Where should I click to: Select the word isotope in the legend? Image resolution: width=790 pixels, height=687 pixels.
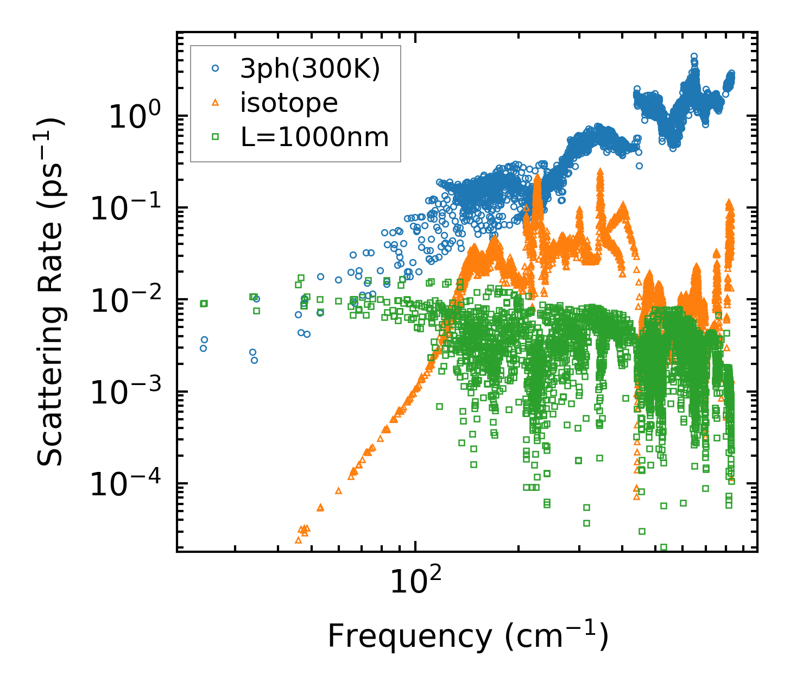coord(289,103)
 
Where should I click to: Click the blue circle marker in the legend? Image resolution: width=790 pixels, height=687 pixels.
coord(216,68)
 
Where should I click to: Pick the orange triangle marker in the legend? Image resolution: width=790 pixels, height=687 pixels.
coord(216,102)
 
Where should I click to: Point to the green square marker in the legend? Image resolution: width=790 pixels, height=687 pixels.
coord(216,137)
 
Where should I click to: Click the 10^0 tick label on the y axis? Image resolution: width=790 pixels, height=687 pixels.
coord(134,117)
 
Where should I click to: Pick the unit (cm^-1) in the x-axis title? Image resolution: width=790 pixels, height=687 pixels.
coord(556,636)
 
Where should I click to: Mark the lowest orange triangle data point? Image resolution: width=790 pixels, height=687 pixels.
coord(298,540)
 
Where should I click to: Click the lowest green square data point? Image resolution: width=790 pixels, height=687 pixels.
coord(663,547)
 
